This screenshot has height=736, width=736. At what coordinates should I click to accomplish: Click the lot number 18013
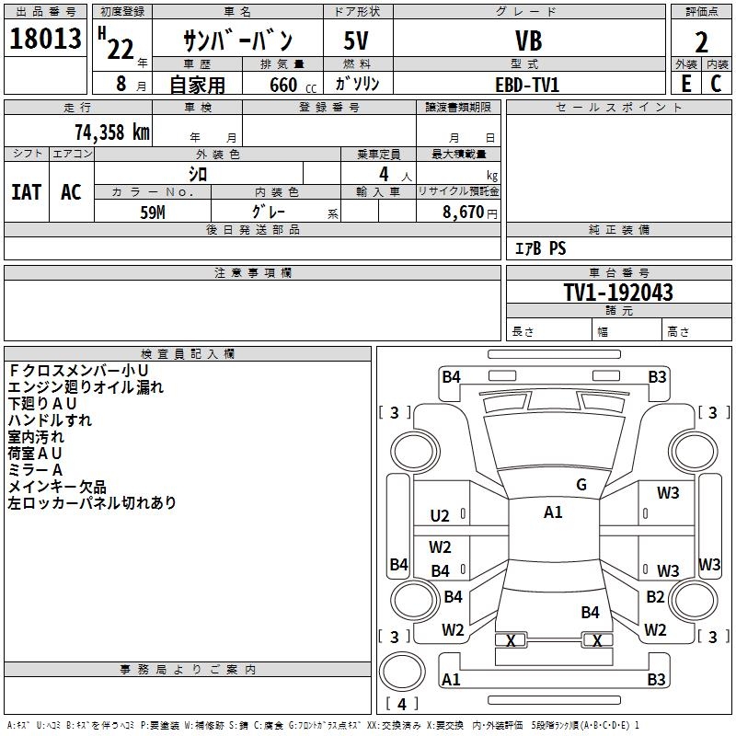click(45, 41)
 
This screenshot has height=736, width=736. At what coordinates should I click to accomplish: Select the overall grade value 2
click(701, 41)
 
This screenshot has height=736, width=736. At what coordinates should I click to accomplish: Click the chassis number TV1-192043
click(618, 293)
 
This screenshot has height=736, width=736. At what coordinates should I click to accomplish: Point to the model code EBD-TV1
click(527, 85)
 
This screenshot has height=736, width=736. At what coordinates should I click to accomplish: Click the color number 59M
click(153, 212)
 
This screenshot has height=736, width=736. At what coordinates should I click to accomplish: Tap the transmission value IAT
click(26, 192)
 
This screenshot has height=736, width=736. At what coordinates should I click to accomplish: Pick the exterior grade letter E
click(685, 84)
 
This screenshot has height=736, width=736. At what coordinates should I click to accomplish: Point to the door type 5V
click(357, 41)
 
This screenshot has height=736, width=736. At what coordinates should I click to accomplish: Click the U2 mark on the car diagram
click(440, 516)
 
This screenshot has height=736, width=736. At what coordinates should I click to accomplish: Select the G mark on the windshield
click(581, 485)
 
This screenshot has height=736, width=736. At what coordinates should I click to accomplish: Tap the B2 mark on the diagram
click(655, 597)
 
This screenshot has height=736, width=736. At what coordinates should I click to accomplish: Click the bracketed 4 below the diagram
click(402, 704)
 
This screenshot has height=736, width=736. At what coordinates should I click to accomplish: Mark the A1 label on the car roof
click(553, 512)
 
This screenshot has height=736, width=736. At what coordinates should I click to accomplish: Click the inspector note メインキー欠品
click(57, 487)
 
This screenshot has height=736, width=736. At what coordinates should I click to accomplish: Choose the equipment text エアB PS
click(540, 248)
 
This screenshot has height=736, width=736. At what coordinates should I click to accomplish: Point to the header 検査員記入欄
click(188, 354)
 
